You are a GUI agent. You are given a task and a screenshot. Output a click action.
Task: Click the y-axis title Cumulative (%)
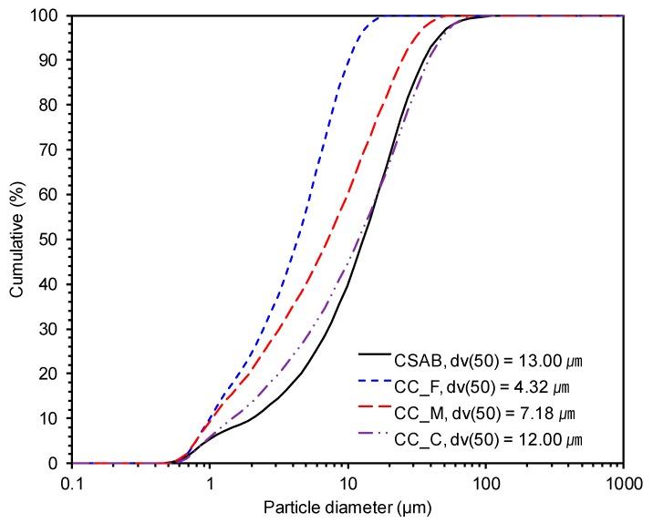[16, 239]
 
